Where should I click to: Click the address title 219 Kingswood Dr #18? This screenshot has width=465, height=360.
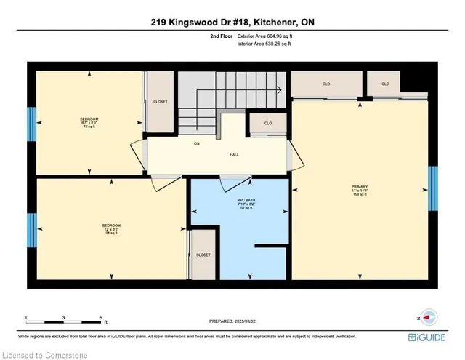click(x=232, y=23)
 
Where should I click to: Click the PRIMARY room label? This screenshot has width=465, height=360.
click(x=355, y=187)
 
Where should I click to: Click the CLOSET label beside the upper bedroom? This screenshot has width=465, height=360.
click(x=161, y=102)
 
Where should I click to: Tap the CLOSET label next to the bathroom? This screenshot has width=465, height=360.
click(x=203, y=255)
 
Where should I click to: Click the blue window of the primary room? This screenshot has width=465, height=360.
click(x=432, y=188)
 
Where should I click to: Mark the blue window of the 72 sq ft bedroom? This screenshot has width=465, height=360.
click(x=31, y=124)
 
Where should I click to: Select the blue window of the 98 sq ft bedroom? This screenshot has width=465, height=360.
click(x=31, y=230)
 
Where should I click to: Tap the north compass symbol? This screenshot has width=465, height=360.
click(x=428, y=317)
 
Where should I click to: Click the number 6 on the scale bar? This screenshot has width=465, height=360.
click(x=100, y=318)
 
